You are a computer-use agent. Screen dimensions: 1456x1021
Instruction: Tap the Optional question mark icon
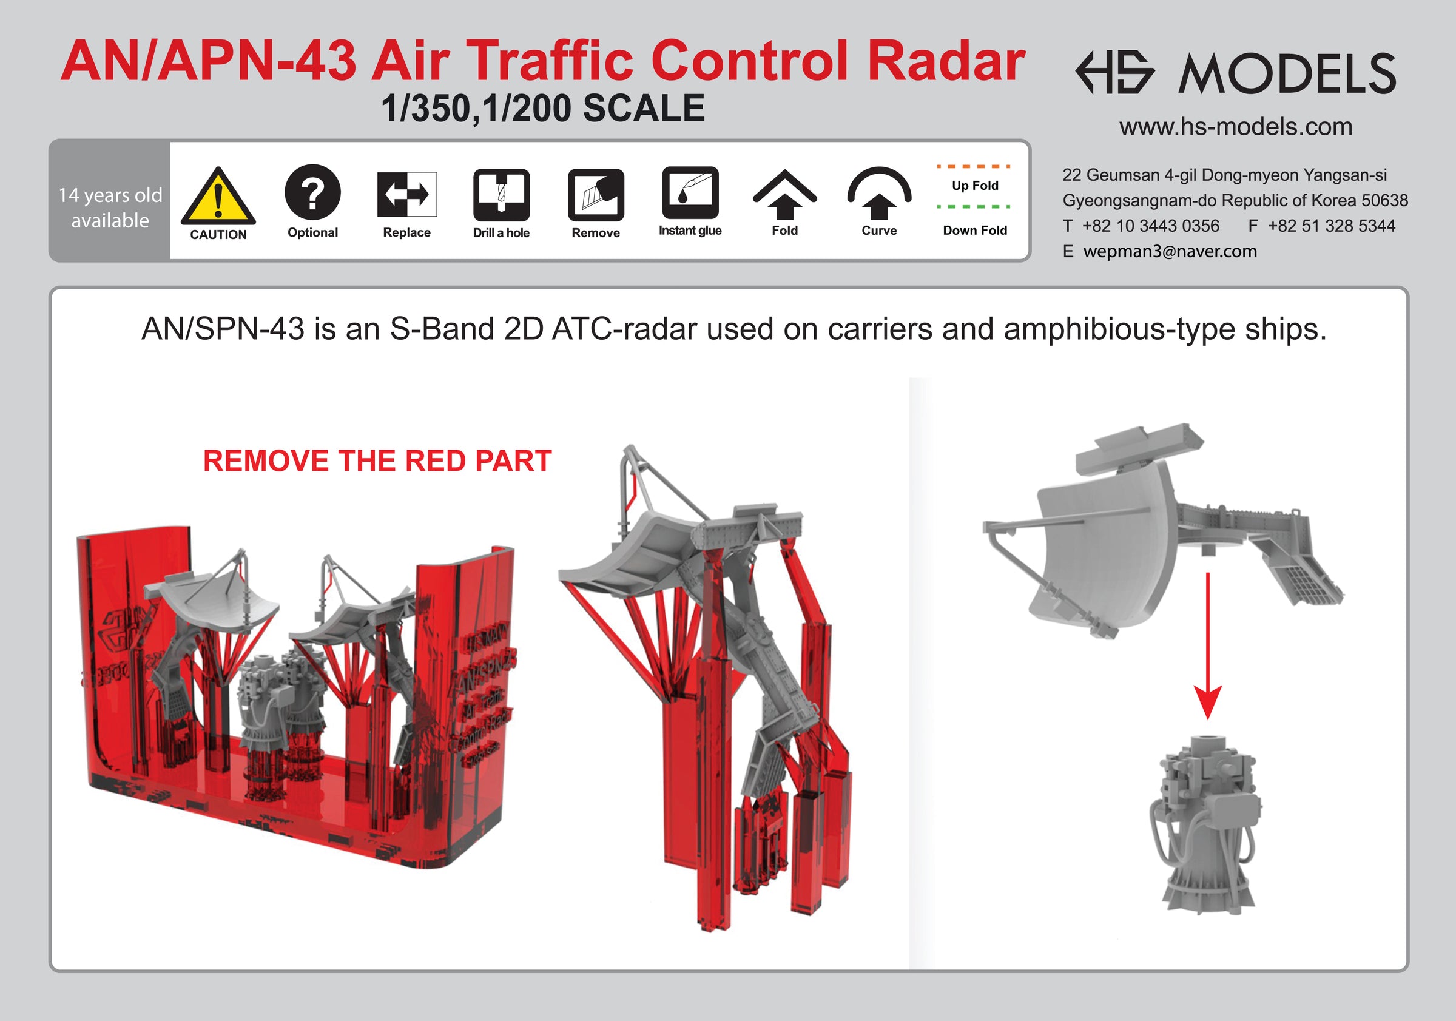312,192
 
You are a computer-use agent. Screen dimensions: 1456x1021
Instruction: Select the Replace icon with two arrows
406,194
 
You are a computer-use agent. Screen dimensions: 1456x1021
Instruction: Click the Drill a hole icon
501,195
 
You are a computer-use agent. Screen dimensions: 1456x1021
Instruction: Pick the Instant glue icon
690,193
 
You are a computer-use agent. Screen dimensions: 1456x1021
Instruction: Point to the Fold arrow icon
784,195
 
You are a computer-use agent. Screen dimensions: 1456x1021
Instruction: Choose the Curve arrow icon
879,194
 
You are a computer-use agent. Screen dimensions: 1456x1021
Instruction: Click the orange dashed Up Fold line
974,167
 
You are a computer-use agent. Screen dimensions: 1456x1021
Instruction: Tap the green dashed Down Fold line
974,207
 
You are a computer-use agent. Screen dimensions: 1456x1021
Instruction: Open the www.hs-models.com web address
1235,127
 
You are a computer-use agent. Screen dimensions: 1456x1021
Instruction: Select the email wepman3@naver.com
1170,251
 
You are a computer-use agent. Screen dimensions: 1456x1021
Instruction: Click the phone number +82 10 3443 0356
1150,226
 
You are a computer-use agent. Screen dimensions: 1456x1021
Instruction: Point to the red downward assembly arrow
1207,645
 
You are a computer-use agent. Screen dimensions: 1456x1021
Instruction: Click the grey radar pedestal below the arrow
1205,824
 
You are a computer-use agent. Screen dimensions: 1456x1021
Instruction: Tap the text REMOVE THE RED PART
377,461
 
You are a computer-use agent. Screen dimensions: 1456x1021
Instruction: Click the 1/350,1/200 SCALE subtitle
543,108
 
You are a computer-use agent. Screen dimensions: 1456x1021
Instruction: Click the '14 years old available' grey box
110,200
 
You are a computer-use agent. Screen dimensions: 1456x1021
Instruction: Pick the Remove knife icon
596,195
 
